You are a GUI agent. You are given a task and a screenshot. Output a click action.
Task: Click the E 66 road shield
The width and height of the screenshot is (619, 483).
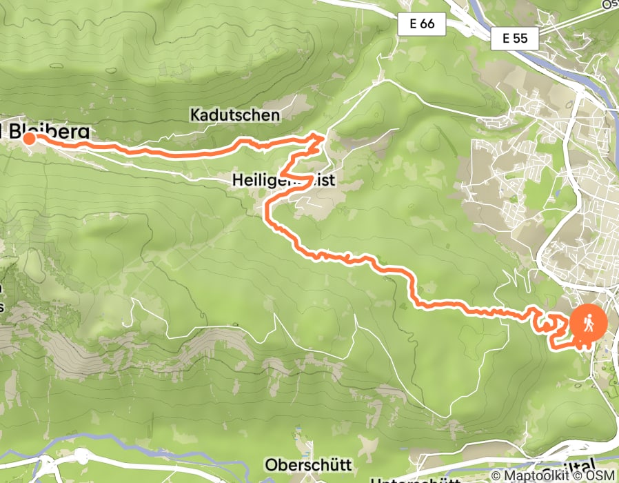pyautogui.click(x=421, y=25)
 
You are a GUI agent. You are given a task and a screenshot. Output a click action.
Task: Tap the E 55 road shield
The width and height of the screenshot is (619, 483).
pyautogui.click(x=515, y=39)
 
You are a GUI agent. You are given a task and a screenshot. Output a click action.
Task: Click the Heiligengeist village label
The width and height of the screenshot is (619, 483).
pyautogui.click(x=283, y=181)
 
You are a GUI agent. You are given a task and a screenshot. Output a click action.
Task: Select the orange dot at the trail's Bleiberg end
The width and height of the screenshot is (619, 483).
pyautogui.click(x=30, y=139)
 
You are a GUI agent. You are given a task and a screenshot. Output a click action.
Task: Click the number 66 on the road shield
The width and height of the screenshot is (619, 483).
pyautogui.click(x=427, y=25)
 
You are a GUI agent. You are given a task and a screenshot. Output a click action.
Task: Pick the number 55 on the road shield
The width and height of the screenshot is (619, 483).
pyautogui.click(x=521, y=39)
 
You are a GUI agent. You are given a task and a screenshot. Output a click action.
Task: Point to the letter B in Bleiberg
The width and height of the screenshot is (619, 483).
pyautogui.click(x=15, y=130)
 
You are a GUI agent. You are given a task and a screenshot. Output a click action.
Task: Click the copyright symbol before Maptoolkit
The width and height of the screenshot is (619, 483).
pyautogui.click(x=497, y=476)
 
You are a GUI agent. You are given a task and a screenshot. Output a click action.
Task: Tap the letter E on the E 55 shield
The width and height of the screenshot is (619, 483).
pyautogui.click(x=506, y=39)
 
